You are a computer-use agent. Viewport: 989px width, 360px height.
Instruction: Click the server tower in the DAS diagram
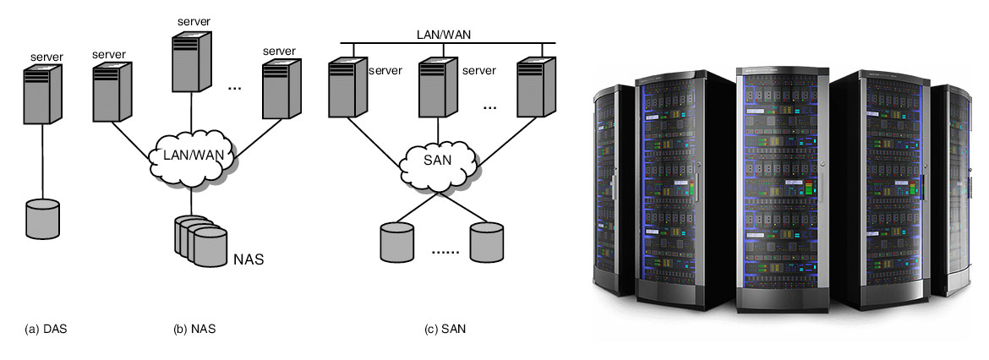(x=41, y=92)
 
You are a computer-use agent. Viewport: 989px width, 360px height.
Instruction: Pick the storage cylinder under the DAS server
(x=41, y=218)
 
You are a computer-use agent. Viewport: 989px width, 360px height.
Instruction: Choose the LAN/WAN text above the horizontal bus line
(x=444, y=35)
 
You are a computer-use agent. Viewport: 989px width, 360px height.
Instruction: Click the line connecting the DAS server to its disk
(x=41, y=161)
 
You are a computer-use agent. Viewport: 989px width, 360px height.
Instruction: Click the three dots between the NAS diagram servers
(x=237, y=87)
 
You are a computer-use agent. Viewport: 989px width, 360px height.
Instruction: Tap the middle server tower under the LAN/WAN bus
(x=439, y=87)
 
